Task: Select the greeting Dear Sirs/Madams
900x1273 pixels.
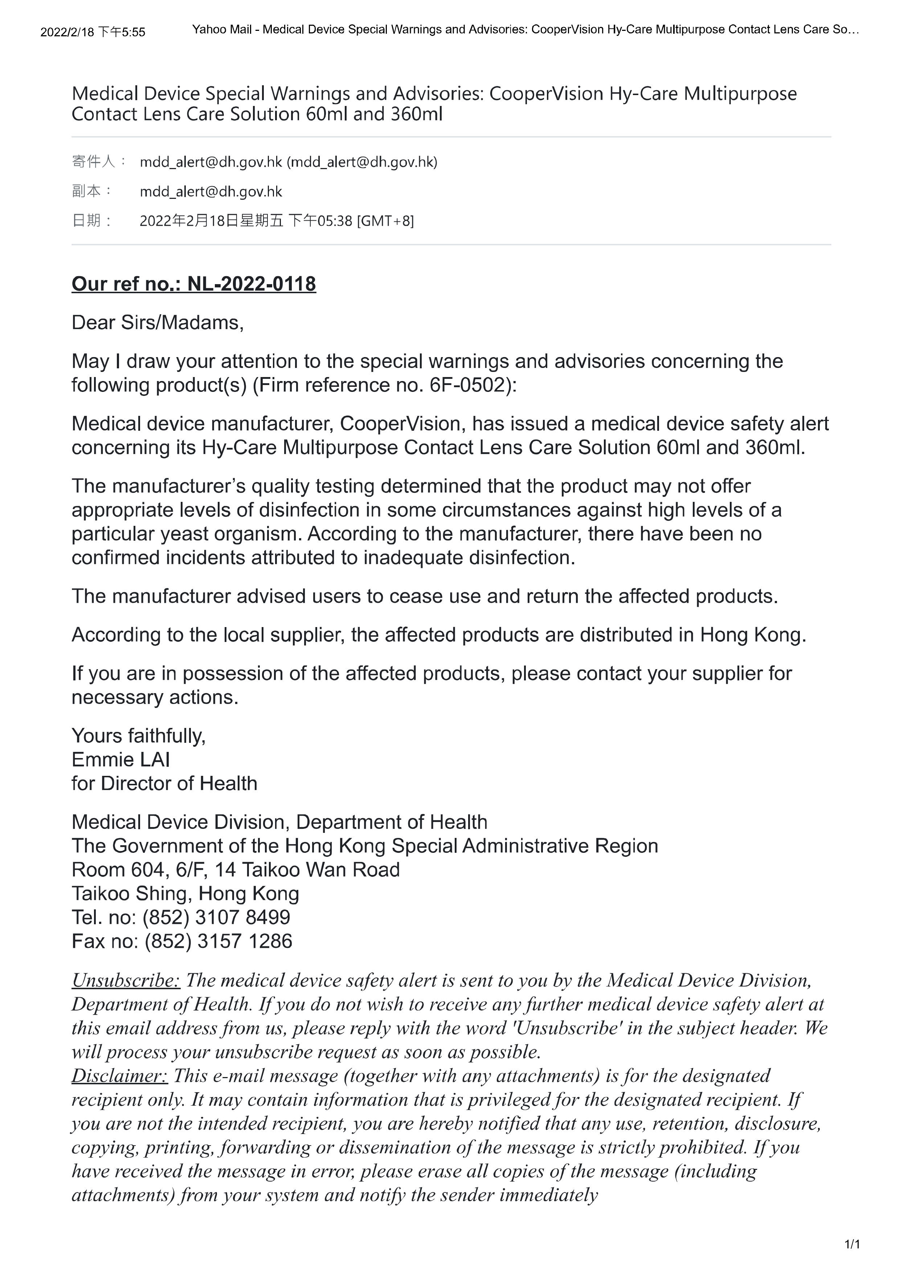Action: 157,323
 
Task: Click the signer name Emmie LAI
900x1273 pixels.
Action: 121,760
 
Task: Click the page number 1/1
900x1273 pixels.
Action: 852,1245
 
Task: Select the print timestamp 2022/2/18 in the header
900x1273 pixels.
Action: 67,32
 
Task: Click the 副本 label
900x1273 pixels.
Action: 86,191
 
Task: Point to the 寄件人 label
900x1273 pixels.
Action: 93,162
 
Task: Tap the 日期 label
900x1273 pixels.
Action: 86,221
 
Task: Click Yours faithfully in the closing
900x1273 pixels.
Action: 139,736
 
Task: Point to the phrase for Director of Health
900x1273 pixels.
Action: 164,783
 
